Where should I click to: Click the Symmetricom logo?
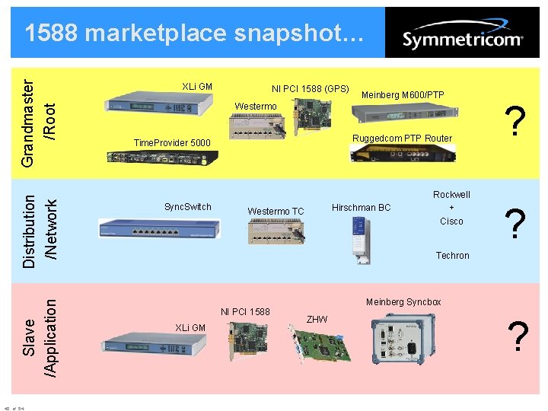462,39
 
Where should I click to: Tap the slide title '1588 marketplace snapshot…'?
189,33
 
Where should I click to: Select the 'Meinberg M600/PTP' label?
403,95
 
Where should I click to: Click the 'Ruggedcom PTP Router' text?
402,139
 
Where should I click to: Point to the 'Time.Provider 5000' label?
172,143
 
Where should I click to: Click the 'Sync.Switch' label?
188,206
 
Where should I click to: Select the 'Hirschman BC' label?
362,208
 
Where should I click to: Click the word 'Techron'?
452,256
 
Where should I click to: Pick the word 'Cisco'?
451,221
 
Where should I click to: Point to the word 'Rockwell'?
451,195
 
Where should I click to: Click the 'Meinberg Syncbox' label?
403,302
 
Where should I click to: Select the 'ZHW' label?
317,319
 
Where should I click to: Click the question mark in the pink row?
518,336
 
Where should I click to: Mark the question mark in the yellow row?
517,122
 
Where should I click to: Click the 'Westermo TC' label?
276,212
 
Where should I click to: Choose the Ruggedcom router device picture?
403,153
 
